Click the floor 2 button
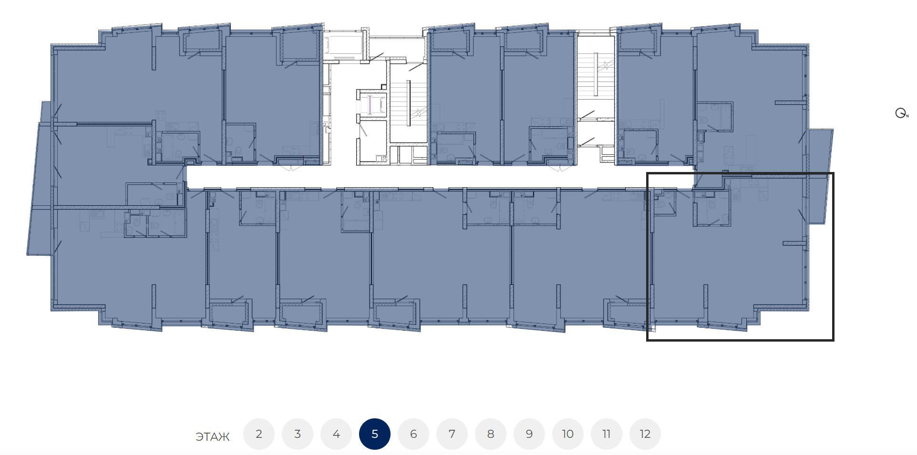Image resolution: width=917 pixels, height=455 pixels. (259, 434)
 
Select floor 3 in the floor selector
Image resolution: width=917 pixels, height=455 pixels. (298, 434)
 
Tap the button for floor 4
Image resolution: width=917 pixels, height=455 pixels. (336, 434)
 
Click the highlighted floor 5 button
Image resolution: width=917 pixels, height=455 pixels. (375, 434)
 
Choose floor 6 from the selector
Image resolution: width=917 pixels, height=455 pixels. (413, 434)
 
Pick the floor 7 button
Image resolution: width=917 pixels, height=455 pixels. (452, 434)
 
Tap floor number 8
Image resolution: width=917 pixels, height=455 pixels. (491, 434)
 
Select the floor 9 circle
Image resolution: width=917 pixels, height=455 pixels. (529, 434)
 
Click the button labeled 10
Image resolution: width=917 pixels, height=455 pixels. (568, 434)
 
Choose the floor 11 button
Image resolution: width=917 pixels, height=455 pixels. (607, 434)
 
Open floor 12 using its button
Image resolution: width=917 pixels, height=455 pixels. (645, 434)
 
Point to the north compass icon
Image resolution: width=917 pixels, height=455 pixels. (901, 113)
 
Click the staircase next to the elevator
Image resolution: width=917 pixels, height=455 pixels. (408, 102)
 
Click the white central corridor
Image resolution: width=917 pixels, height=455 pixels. (415, 177)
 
